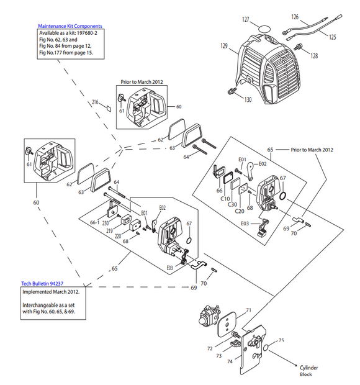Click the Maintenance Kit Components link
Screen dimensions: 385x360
[x=70, y=26]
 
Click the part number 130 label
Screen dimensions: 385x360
[x=248, y=99]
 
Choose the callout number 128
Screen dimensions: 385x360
[x=314, y=56]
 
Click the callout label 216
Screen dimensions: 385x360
[x=96, y=101]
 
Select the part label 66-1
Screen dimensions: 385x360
[x=95, y=222]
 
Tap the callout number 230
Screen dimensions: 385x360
[x=106, y=223]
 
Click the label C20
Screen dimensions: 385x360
[x=238, y=210]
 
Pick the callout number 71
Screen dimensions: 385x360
[x=248, y=309]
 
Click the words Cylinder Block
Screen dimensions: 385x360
[x=308, y=371]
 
